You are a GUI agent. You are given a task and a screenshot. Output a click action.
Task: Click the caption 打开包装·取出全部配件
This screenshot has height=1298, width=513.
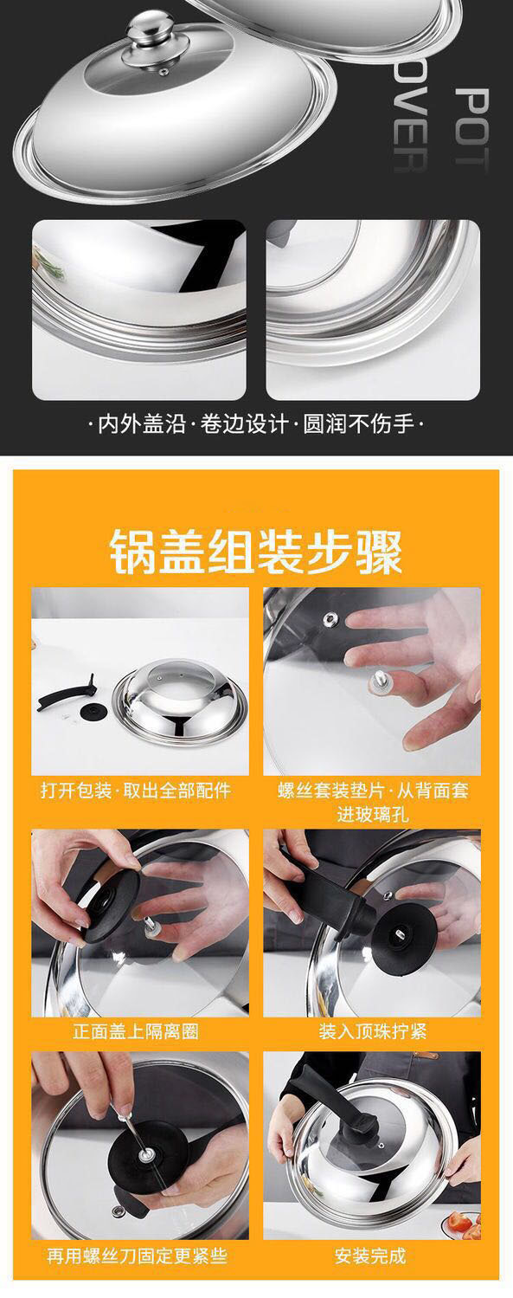pos(136,791)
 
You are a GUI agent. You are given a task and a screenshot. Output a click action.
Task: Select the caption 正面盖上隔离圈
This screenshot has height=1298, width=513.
pos(136,1031)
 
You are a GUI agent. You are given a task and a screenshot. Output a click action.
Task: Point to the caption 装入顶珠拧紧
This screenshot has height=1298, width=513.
pos(372,1031)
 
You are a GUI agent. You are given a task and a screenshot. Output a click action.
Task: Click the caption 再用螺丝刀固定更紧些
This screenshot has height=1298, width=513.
pos(137,1255)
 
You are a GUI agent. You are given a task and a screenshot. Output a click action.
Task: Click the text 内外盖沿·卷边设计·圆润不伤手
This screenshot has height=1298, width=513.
pos(257,425)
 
